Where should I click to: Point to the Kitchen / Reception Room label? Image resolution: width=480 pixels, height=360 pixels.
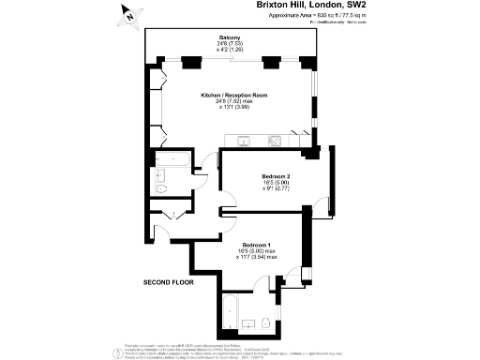coord(234,95)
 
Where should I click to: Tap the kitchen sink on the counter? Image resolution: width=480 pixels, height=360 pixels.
coord(243,142)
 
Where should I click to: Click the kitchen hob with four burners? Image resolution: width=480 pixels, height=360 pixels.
coord(277,142)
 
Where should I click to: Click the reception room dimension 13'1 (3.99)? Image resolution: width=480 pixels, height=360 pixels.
coord(234,108)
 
